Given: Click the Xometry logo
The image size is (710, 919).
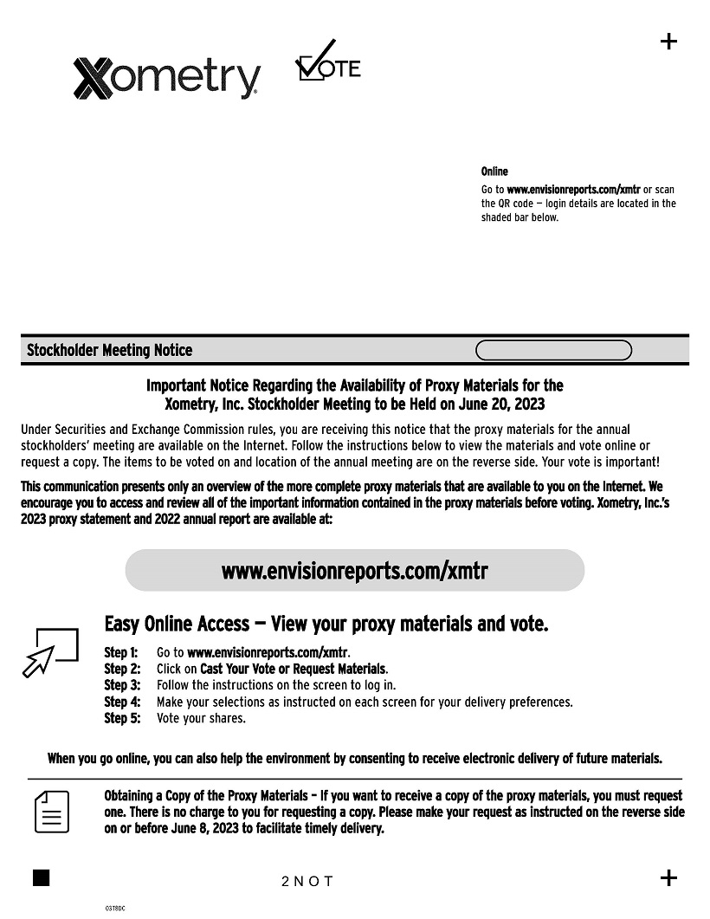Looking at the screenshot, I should pyautogui.click(x=166, y=78).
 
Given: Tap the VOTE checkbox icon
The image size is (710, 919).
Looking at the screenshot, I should pyautogui.click(x=328, y=62).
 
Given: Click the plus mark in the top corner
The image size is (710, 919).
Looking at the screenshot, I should pyautogui.click(x=668, y=42).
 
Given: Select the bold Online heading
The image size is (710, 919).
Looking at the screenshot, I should pyautogui.click(x=494, y=172).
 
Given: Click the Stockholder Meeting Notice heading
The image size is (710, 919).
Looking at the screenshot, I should pyautogui.click(x=110, y=351).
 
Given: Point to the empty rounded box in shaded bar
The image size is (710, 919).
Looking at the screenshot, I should pyautogui.click(x=554, y=351).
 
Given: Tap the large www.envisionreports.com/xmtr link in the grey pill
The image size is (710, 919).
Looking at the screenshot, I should pyautogui.click(x=355, y=571).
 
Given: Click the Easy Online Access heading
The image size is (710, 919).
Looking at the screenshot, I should pyautogui.click(x=326, y=624).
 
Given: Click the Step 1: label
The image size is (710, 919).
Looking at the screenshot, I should pyautogui.click(x=121, y=652).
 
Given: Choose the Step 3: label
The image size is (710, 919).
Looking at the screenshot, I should pyautogui.click(x=122, y=685).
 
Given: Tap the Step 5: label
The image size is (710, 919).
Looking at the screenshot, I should pyautogui.click(x=122, y=718).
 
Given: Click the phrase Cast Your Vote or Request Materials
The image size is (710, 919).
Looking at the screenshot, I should pyautogui.click(x=294, y=669).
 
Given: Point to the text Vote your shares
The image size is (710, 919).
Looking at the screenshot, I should pyautogui.click(x=201, y=718).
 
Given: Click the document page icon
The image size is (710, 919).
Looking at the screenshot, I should pyautogui.click(x=52, y=811).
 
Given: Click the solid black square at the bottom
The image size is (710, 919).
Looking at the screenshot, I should pyautogui.click(x=41, y=877).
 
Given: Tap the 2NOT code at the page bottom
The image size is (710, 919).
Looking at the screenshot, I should pyautogui.click(x=307, y=882).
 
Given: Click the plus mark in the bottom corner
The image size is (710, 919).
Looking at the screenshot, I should pyautogui.click(x=668, y=877).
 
